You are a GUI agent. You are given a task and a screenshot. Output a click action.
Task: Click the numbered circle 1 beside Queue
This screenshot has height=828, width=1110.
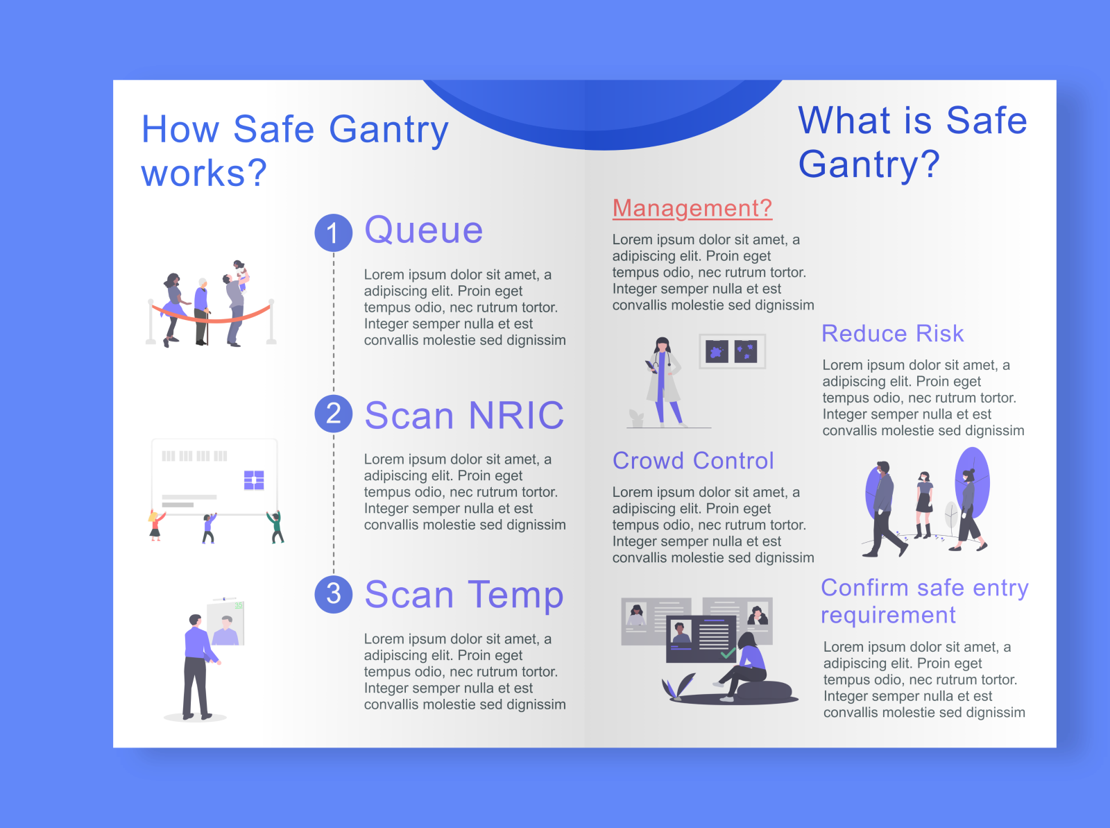pyautogui.click(x=333, y=233)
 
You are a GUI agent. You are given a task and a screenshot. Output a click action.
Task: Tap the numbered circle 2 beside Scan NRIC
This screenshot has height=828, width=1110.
pyautogui.click(x=333, y=414)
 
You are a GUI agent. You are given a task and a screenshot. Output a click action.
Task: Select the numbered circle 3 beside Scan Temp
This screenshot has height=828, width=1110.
pyautogui.click(x=333, y=594)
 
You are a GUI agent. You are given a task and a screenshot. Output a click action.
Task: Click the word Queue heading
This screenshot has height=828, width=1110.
pyautogui.click(x=423, y=230)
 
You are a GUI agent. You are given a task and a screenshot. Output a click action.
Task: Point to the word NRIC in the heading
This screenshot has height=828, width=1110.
pyautogui.click(x=516, y=416)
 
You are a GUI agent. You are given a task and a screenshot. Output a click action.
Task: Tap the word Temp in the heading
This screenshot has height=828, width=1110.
pyautogui.click(x=515, y=595)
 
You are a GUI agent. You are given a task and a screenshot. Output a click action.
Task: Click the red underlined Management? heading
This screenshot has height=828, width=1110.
pyautogui.click(x=692, y=208)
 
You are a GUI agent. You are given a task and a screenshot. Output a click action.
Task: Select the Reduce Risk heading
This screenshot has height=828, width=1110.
pyautogui.click(x=892, y=334)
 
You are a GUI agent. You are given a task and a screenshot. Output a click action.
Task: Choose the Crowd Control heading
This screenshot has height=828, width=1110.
pyautogui.click(x=692, y=461)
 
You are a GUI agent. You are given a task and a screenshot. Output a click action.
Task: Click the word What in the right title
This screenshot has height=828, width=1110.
pyautogui.click(x=844, y=121)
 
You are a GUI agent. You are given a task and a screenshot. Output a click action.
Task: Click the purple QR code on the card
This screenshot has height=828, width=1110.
pyautogui.click(x=254, y=480)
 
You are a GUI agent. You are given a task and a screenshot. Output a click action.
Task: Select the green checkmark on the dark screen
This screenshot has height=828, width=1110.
pyautogui.click(x=728, y=652)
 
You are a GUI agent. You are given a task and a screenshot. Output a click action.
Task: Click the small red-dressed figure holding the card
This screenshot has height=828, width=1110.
pyautogui.click(x=155, y=525)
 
